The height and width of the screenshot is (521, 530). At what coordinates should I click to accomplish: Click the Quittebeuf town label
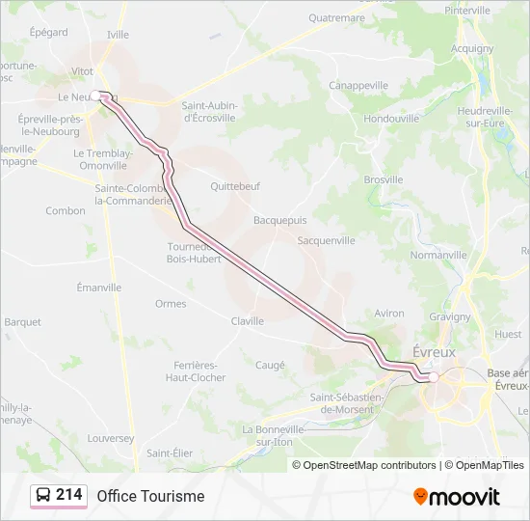236,186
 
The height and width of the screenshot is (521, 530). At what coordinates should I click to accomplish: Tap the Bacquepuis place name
280,220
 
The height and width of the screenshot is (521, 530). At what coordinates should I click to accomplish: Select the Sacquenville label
327,240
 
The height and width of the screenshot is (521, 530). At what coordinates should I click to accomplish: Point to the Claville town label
248,321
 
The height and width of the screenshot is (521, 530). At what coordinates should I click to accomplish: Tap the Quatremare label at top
336,17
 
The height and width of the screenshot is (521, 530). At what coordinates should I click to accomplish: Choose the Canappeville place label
358,85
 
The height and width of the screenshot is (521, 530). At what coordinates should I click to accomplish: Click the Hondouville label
391,119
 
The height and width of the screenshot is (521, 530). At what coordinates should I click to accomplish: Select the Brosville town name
384,179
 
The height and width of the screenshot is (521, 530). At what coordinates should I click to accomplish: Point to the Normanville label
438,255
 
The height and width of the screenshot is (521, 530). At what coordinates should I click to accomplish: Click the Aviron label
389,314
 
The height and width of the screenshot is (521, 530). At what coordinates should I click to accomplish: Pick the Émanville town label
99,288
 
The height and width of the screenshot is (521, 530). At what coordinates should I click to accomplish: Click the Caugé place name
270,365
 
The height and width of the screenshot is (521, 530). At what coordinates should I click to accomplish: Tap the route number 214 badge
68,495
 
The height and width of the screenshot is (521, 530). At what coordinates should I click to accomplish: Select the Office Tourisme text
150,496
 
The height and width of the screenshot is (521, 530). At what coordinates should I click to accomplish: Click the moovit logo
457,497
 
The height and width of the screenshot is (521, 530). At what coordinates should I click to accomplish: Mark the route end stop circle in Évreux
434,377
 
